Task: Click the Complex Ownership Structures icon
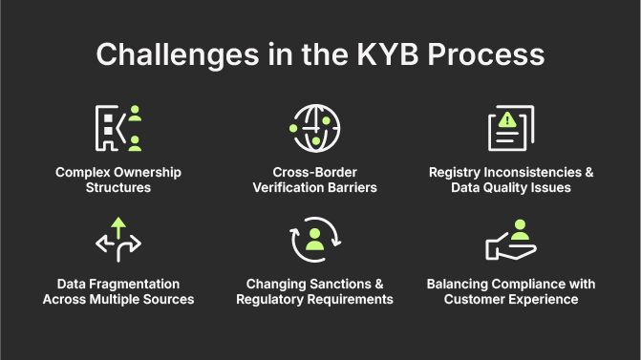pos(118,129)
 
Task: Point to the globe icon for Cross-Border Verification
pos(315,128)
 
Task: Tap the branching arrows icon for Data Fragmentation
pos(118,241)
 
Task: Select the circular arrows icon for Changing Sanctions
pos(315,241)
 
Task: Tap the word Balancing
pos(459,284)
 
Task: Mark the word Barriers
pos(350,187)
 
